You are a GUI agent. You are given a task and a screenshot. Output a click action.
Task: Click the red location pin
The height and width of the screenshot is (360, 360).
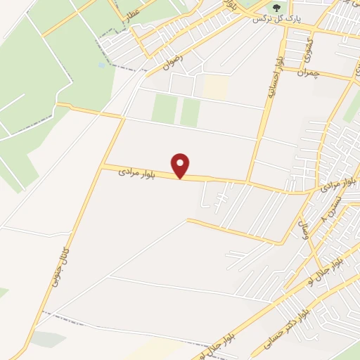click(x=181, y=165)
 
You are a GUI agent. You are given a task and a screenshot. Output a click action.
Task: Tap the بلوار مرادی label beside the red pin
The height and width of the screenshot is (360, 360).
click(x=134, y=171)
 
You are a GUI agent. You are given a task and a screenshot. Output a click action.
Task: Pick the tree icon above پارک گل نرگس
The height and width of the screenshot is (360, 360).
click(x=276, y=8)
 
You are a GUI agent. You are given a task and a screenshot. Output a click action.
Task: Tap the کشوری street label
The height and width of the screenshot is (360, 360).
click(x=307, y=49)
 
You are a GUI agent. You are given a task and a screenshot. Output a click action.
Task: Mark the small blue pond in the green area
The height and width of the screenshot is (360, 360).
click(x=102, y=65)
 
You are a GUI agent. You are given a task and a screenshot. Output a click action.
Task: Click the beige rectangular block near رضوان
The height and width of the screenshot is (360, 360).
click(x=216, y=87)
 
